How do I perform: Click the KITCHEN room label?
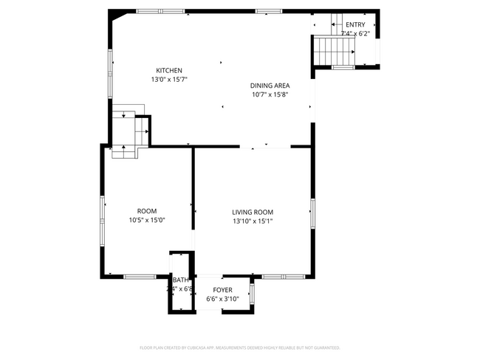coord(168,71)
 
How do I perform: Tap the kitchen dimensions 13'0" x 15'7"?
coord(168,80)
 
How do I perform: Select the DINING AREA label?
coord(270,86)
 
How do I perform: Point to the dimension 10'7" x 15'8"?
coord(270,94)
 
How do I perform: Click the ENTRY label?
coord(354,24)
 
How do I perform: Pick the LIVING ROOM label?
coord(253,212)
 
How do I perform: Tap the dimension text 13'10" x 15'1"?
coord(253,221)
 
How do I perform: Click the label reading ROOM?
coord(146,211)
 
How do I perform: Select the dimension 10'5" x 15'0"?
coord(146,220)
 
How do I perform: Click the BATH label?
coord(181,280)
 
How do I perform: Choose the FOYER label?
coord(222,290)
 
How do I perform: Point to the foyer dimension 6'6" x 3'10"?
coord(222,299)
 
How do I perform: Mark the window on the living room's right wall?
coord(312,212)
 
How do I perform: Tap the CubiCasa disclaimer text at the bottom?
coord(239,347)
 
